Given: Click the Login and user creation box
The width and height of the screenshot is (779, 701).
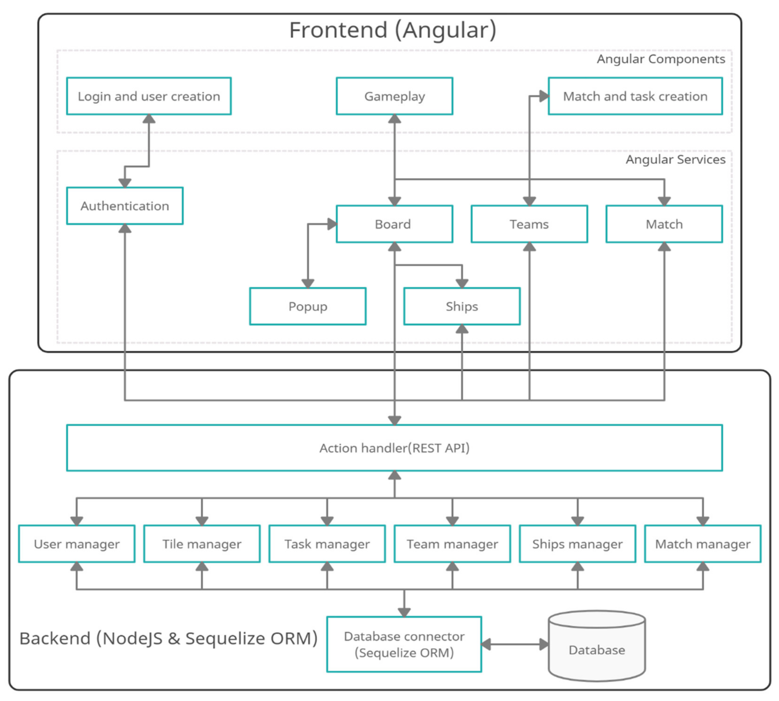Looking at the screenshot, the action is pyautogui.click(x=149, y=96).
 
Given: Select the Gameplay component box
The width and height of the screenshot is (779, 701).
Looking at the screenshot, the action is pyautogui.click(x=394, y=96).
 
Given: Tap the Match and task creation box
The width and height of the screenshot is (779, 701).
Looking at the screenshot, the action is pyautogui.click(x=635, y=96).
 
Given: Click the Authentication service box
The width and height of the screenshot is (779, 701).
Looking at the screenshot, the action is pyautogui.click(x=125, y=206).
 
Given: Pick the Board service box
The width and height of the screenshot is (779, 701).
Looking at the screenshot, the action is pyautogui.click(x=394, y=224).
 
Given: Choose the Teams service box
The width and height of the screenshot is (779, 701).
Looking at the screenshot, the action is pyautogui.click(x=529, y=224).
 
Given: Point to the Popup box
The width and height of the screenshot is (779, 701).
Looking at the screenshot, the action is pyautogui.click(x=308, y=306).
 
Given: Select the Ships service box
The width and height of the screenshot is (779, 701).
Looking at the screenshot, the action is pyautogui.click(x=462, y=306).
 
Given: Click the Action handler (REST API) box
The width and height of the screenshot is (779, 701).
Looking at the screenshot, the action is pyautogui.click(x=394, y=448).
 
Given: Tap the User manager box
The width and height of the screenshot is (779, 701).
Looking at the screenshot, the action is pyautogui.click(x=77, y=544).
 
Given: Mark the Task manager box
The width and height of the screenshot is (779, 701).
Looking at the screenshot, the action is pyautogui.click(x=327, y=544).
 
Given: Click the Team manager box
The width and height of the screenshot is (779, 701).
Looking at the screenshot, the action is pyautogui.click(x=452, y=544).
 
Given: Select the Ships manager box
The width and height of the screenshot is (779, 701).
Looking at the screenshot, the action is pyautogui.click(x=577, y=544).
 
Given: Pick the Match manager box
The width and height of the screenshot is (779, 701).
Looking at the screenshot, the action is pyautogui.click(x=703, y=544).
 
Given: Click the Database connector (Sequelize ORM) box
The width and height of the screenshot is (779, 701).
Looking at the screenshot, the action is pyautogui.click(x=404, y=644).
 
